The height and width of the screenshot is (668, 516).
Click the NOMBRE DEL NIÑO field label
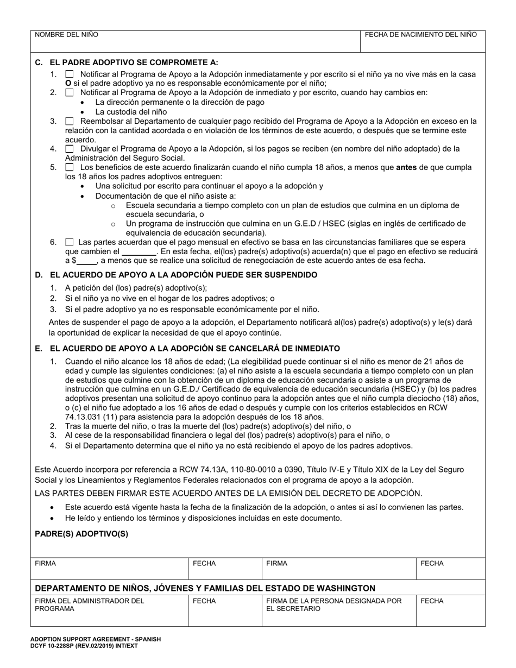(67, 34)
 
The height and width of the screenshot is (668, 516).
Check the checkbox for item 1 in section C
(70, 74)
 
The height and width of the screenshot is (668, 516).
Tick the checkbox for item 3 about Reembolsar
(70, 121)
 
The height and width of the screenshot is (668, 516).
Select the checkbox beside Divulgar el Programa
(70, 148)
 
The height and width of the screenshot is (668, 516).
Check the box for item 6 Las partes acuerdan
(69, 242)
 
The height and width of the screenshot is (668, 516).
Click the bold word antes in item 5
(406, 167)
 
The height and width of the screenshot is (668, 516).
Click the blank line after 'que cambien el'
(139, 252)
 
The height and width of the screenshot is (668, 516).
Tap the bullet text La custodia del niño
(123, 111)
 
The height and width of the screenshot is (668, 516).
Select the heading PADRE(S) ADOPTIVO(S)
(81, 534)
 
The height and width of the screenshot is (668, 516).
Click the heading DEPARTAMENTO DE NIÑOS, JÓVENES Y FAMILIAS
(205, 588)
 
